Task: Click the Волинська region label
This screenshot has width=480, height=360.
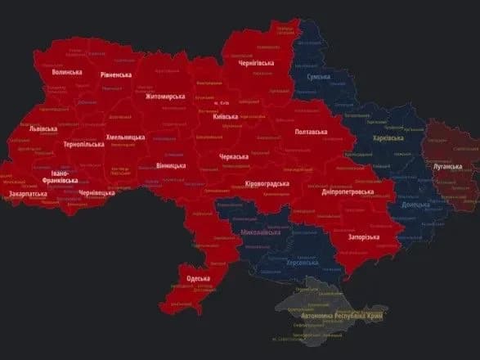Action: [x=67, y=73]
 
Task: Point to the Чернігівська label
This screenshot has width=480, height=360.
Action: [x=255, y=63]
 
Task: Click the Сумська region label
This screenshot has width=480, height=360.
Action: [x=318, y=77]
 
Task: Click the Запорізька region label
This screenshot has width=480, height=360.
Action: [x=363, y=236]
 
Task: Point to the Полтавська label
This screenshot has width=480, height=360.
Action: [x=312, y=131]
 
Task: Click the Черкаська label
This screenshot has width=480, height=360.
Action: [x=235, y=155]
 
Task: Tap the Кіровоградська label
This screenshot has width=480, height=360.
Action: [x=267, y=183]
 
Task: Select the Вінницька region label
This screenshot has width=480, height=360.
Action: [x=171, y=165]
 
